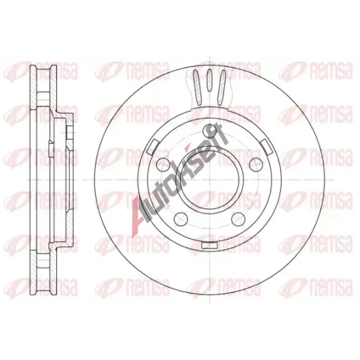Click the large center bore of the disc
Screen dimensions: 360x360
point(210,179)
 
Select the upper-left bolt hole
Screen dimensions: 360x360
point(162,164)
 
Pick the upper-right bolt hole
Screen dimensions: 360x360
point(255,164)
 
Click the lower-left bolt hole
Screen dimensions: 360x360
point(180,219)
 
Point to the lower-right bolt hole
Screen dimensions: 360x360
point(238,219)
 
